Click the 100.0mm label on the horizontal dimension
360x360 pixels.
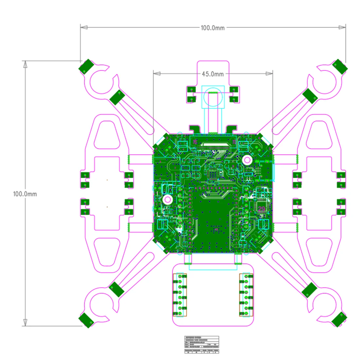point(213,28)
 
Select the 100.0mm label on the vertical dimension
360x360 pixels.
point(25,194)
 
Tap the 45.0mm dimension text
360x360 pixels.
point(213,74)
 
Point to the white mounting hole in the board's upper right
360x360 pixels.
point(247,160)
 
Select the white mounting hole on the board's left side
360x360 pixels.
point(168,199)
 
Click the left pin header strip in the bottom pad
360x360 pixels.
point(180,295)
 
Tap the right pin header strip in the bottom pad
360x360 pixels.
point(246,295)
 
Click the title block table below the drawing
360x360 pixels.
point(202,345)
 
